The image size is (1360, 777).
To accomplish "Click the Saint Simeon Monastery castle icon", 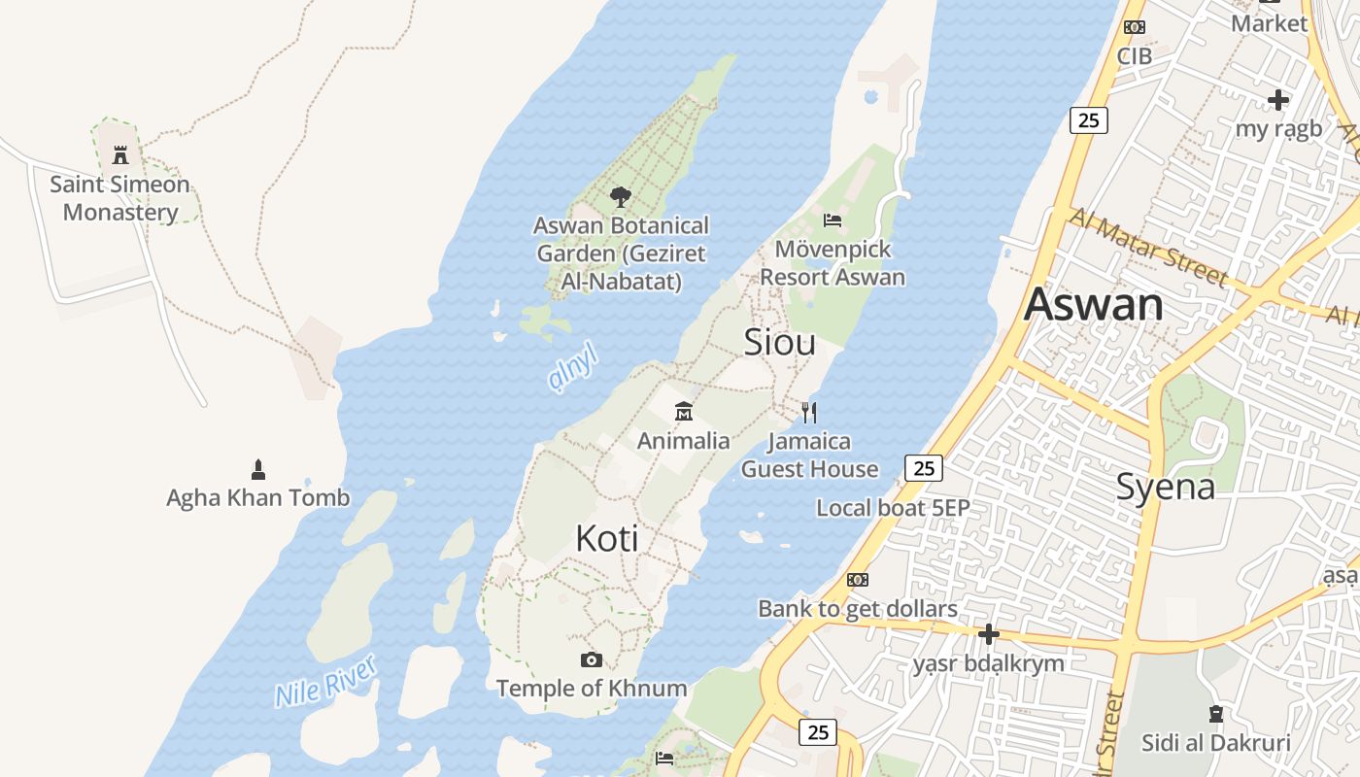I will (x=120, y=154).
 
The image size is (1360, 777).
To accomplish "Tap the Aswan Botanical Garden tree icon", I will (x=621, y=197).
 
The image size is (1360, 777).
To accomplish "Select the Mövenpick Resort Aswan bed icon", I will (x=833, y=220).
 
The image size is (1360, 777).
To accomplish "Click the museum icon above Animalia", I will (x=684, y=412).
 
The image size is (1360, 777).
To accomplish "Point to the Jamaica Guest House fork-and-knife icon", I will (x=809, y=413).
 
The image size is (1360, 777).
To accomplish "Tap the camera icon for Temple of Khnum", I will (x=591, y=660).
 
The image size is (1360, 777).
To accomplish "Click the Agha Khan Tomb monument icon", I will (x=257, y=470).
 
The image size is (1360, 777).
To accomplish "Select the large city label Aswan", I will (x=1093, y=304).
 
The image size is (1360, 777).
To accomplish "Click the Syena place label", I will (x=1165, y=487).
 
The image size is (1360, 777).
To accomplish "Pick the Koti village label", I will (x=607, y=538).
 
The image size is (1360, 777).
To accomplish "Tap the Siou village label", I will (x=779, y=342).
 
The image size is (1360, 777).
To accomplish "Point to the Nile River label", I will (x=324, y=681).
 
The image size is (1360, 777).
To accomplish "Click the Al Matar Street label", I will (x=1146, y=247).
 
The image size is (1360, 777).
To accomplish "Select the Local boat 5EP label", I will (x=892, y=507).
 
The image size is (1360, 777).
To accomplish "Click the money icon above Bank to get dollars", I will (x=857, y=580).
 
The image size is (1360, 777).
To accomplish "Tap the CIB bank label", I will (x=1134, y=56).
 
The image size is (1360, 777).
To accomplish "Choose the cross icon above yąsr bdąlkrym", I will (x=988, y=634).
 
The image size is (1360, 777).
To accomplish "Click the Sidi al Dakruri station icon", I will (x=1215, y=714).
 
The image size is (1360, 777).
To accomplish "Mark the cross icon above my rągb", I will (x=1277, y=100).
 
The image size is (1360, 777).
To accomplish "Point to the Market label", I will (x=1269, y=23).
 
